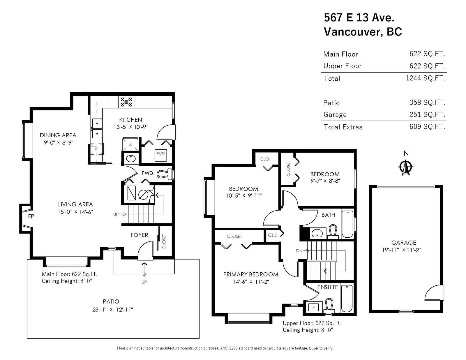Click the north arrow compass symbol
[x=405, y=167]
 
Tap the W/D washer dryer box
[x=160, y=156]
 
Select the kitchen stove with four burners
[x=126, y=102]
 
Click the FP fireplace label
[x=31, y=216]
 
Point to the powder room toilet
[x=165, y=174]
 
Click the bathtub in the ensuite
[x=347, y=298]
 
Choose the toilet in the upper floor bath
[x=333, y=232]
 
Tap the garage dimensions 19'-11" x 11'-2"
[x=401, y=250]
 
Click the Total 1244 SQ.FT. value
[x=426, y=78]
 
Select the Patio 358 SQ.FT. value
[x=427, y=103]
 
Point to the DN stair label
[x=299, y=251]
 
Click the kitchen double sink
[x=97, y=128]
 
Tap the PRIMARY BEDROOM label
[x=250, y=274]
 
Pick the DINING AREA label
[x=58, y=135]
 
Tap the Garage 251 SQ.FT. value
[x=427, y=114]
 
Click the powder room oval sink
[x=130, y=159]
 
